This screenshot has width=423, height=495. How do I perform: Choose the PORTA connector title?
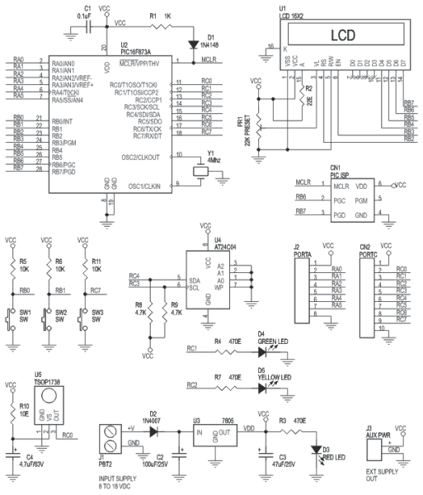pos(303,253)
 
